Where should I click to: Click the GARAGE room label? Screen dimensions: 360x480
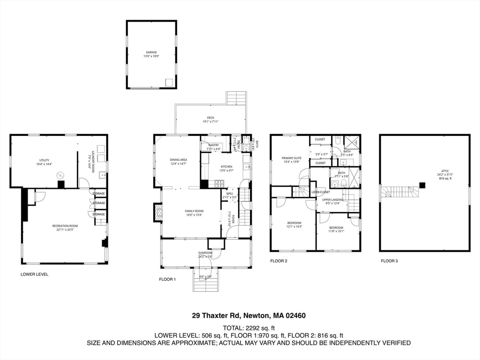[x=151, y=52]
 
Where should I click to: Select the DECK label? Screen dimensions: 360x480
[x=210, y=118]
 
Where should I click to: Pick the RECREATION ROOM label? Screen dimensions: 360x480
[x=65, y=226]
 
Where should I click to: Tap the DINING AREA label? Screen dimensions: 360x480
[x=178, y=160]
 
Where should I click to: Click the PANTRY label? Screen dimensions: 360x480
[x=214, y=145]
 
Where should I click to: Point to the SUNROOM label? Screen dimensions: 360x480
[x=205, y=253]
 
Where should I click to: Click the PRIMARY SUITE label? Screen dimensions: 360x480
[x=291, y=158]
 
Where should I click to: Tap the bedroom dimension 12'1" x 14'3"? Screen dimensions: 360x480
[x=294, y=226]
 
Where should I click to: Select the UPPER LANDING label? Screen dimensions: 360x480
[x=333, y=200]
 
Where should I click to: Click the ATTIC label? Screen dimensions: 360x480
[x=445, y=171]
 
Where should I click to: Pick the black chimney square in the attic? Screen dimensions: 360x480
[x=422, y=185]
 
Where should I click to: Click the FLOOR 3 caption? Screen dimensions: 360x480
[x=389, y=261]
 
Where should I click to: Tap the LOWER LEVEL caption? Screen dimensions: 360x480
[x=34, y=274]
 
